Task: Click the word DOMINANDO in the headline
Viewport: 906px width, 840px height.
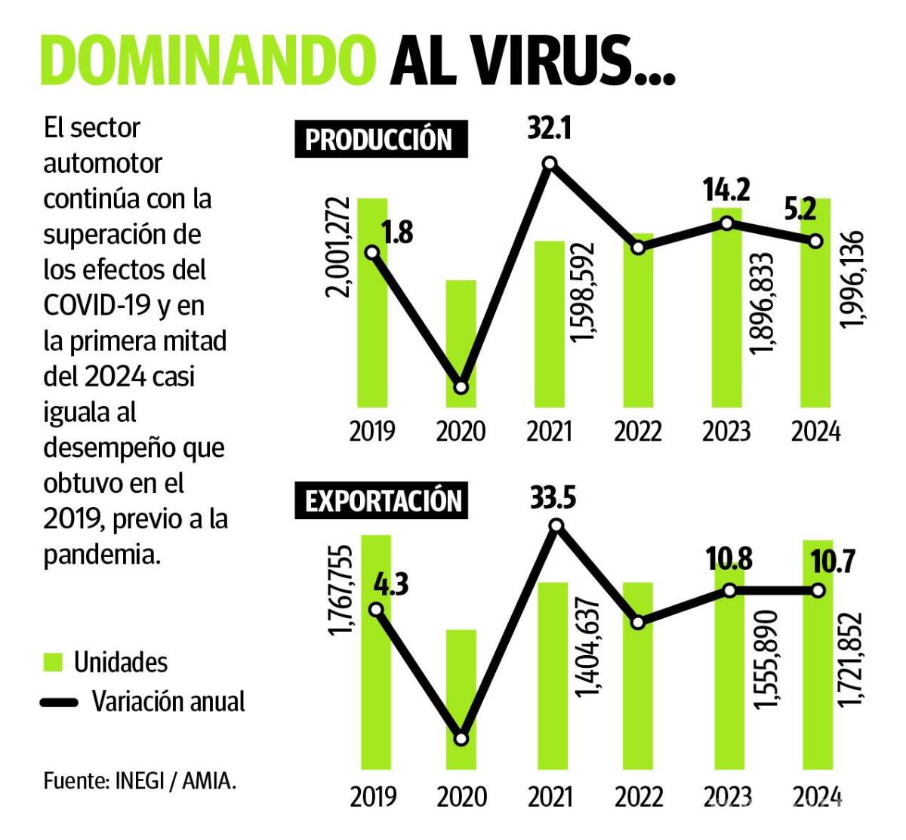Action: coord(208,60)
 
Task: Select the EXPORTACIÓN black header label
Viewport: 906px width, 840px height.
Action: coord(382,502)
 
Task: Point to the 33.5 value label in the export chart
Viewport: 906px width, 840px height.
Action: coord(553,499)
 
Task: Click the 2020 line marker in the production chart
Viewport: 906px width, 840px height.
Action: coord(461,387)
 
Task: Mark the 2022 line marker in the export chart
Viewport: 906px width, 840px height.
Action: coord(638,623)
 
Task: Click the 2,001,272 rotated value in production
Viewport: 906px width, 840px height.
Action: coord(338,248)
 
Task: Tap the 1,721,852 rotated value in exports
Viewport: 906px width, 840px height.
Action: coord(851,660)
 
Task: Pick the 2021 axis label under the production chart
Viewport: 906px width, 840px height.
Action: coord(549,432)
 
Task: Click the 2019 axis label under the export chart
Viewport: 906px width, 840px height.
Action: coord(372,797)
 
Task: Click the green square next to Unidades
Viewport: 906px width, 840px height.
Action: coord(53,663)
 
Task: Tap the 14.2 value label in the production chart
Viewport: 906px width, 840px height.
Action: coord(727,191)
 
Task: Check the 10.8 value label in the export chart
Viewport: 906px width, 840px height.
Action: coord(730,560)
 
